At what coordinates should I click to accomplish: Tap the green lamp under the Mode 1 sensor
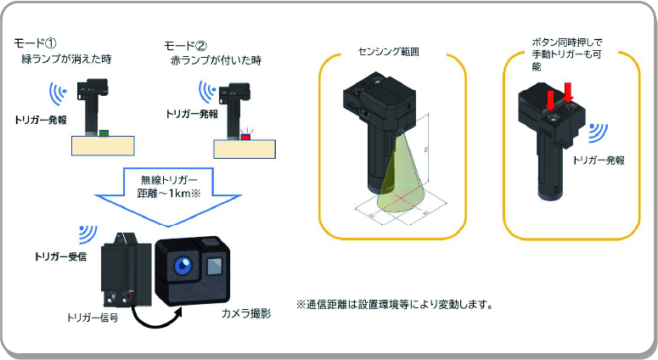103,132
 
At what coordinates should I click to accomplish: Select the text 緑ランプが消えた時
67,59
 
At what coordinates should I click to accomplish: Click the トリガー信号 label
92,318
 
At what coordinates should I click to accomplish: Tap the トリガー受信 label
61,256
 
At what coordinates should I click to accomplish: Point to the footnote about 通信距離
395,304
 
